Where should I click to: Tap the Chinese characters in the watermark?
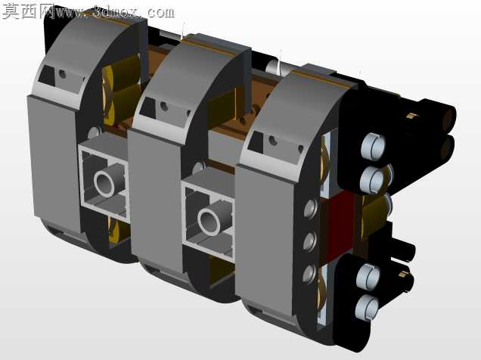point(28,11)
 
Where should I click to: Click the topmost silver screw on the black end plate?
point(373,146)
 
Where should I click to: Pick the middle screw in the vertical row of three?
point(310,241)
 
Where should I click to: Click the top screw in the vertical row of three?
point(310,209)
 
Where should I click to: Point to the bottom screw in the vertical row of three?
point(309,274)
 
